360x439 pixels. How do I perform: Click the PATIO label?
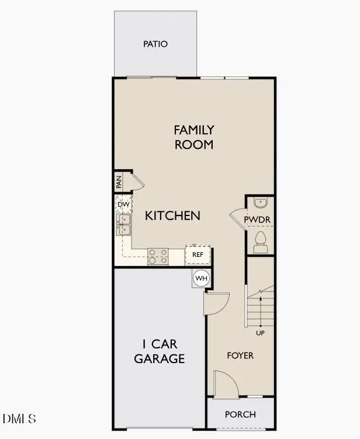click(155, 44)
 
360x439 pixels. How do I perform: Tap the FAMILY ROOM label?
click(194, 137)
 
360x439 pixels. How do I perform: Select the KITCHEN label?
click(172, 215)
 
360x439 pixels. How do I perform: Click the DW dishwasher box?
click(123, 204)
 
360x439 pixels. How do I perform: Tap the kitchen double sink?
click(124, 225)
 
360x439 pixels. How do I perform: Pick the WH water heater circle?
click(201, 278)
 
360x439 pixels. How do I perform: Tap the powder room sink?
click(261, 203)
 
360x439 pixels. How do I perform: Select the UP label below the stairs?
click(260, 333)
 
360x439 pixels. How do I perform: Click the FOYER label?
click(240, 355)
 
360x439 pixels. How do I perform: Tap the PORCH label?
click(240, 414)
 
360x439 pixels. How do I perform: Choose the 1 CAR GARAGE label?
click(160, 350)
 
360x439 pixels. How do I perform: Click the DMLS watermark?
click(19, 419)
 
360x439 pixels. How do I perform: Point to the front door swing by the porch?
click(226, 384)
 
